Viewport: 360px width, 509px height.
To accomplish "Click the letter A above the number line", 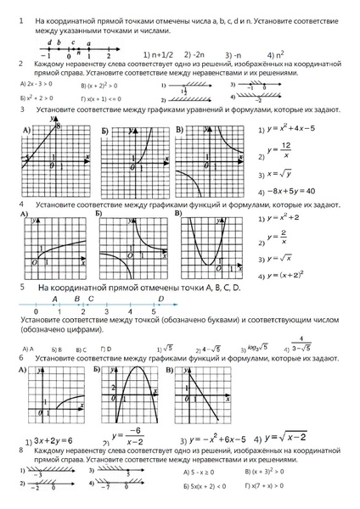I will coord(55,299).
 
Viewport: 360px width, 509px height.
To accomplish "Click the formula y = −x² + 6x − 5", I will coord(221,439).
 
